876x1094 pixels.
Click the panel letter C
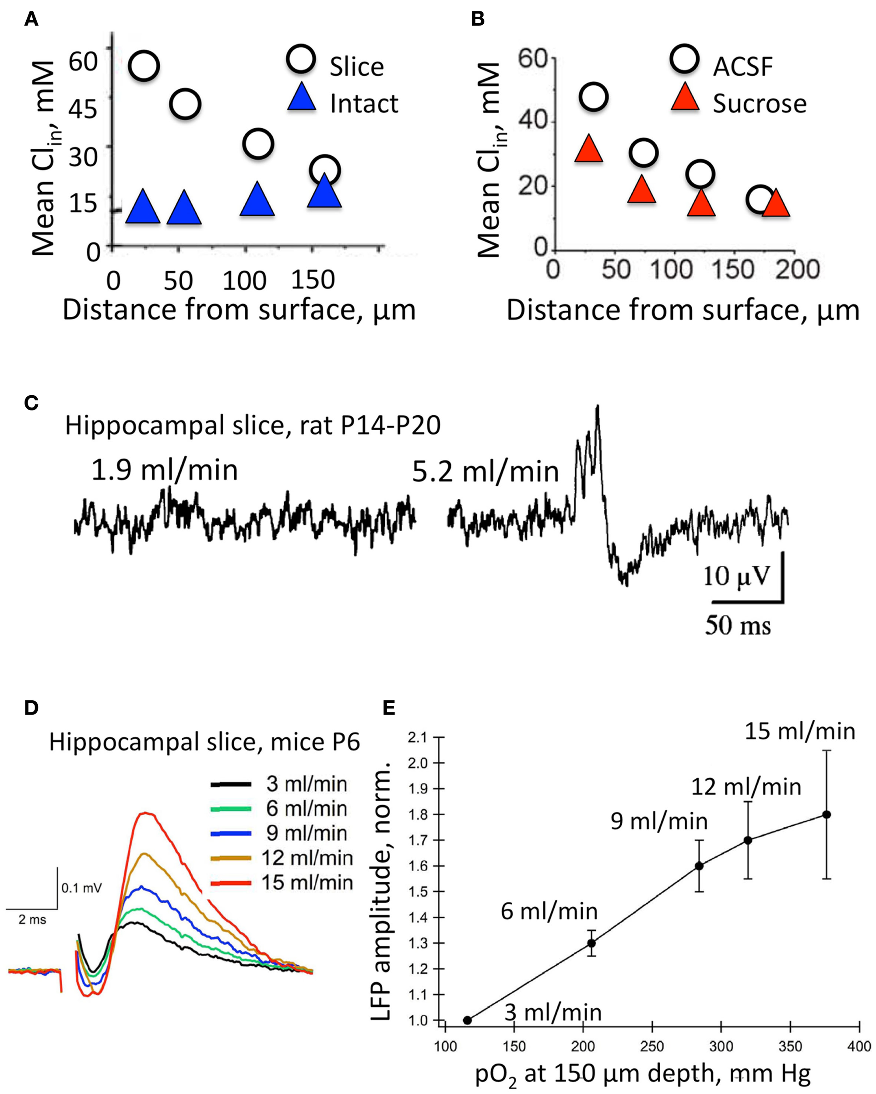click(x=32, y=403)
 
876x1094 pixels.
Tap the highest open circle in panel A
click(x=144, y=66)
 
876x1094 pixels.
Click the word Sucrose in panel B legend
click(x=759, y=104)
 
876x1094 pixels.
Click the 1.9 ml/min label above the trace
click(x=165, y=470)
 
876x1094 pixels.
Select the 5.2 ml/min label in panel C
click(x=485, y=472)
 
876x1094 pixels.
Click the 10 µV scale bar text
click(x=736, y=577)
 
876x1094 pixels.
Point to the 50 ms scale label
click(x=738, y=625)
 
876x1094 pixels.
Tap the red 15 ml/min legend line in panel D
click(x=231, y=883)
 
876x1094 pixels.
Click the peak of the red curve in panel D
click(x=146, y=813)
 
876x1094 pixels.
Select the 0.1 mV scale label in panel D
click(x=81, y=888)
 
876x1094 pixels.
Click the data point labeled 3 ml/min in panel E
click(x=468, y=1020)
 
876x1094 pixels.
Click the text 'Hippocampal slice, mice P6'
click(x=204, y=742)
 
